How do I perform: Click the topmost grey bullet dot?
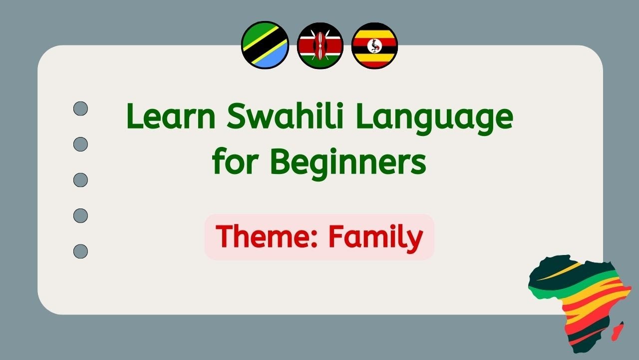coord(80,108)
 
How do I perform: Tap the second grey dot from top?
coord(80,144)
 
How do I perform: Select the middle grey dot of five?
coord(80,179)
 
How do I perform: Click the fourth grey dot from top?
coord(80,215)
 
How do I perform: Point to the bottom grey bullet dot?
coord(80,251)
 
